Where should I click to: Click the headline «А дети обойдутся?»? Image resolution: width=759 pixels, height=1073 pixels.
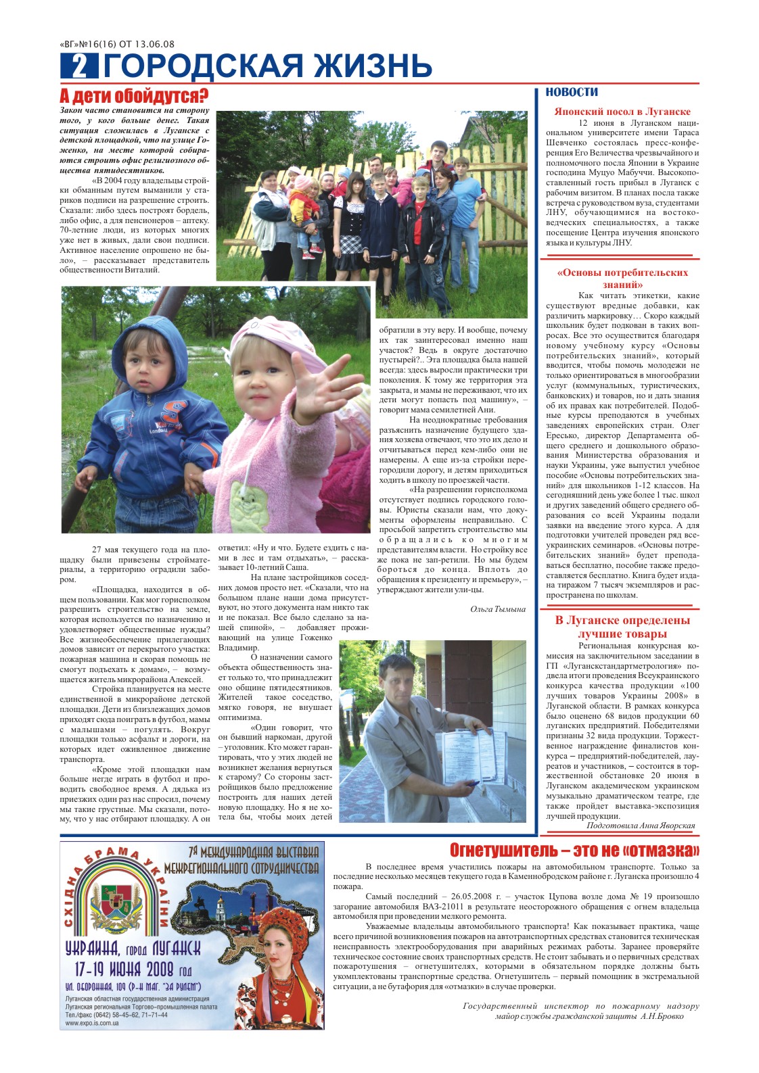pyautogui.click(x=134, y=95)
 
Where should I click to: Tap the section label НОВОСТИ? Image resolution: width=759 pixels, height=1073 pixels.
pyautogui.click(x=572, y=92)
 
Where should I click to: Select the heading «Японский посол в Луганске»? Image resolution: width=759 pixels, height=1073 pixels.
pyautogui.click(x=622, y=112)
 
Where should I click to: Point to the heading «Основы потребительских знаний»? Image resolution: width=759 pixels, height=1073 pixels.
pyautogui.click(x=622, y=278)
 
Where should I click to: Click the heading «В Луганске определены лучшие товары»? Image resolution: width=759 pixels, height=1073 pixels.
pyautogui.click(x=622, y=627)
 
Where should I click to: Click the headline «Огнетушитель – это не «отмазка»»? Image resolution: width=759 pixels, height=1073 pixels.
pyautogui.click(x=574, y=850)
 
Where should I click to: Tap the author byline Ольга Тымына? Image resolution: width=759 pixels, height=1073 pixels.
pyautogui.click(x=497, y=609)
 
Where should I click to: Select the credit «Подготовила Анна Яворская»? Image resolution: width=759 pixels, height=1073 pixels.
pyautogui.click(x=640, y=826)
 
